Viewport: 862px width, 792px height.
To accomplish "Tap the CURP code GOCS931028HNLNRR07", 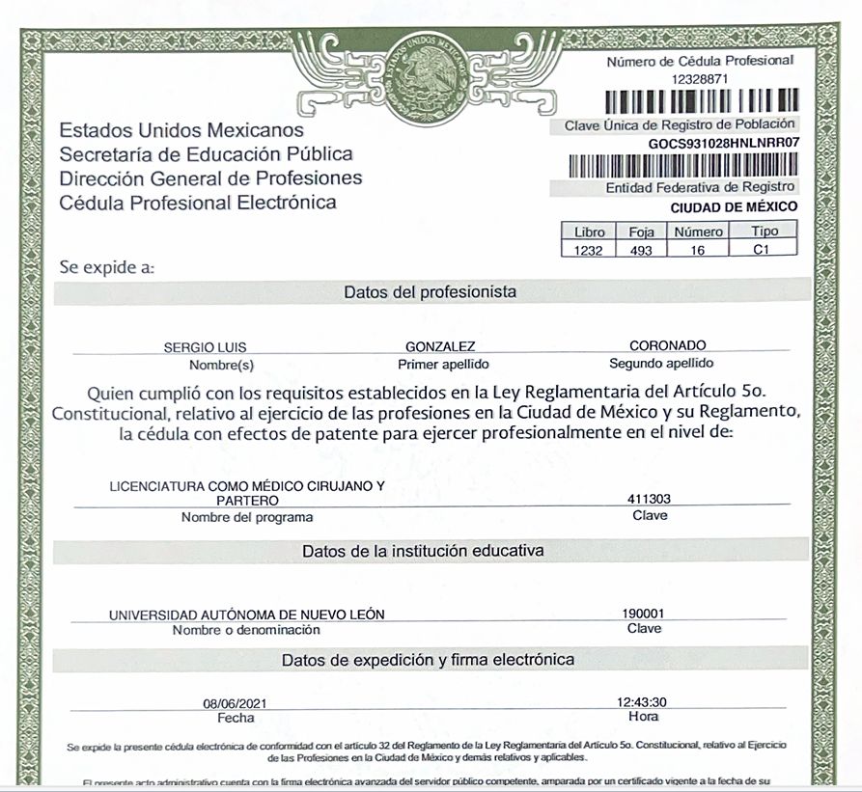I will (x=725, y=143).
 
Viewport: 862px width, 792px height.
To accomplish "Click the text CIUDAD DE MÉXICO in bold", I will (x=734, y=206).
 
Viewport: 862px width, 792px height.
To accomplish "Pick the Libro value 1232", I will (x=588, y=250).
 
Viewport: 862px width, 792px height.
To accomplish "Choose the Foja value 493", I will (x=641, y=250).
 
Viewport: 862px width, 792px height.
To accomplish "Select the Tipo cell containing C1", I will (x=765, y=250).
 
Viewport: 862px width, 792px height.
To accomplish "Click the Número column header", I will (x=698, y=232).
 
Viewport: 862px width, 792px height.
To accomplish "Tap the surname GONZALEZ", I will (x=441, y=346).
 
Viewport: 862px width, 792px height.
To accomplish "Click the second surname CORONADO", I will (x=668, y=345).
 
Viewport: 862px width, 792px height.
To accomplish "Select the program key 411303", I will (x=649, y=500).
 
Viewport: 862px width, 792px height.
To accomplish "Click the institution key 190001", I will (x=644, y=614).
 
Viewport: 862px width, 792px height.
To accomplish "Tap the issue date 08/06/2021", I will (x=235, y=703).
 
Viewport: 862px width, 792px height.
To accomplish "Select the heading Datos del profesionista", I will (x=430, y=291).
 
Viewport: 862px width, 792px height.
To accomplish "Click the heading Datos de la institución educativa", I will (x=423, y=551).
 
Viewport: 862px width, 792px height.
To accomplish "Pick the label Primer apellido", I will (x=443, y=364).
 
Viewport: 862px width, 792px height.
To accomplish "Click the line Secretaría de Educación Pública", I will (x=206, y=154).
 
